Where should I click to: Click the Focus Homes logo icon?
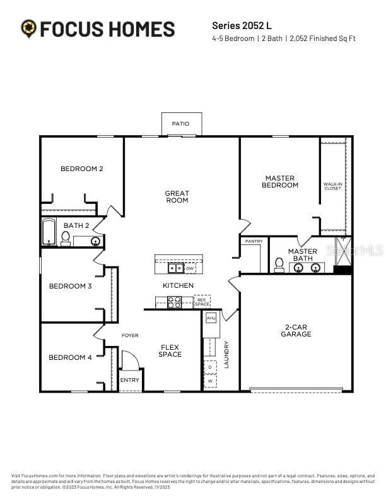[x=28, y=28]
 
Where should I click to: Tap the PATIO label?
[x=180, y=124]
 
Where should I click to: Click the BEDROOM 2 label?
[x=82, y=169]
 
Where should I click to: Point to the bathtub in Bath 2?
[x=49, y=233]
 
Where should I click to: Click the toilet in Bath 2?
[x=65, y=238]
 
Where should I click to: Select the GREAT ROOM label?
[x=177, y=197]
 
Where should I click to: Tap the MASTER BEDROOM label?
[x=280, y=182]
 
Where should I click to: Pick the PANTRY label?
[x=254, y=241]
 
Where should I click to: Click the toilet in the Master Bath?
[x=279, y=265]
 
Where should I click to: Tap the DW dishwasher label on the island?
[x=189, y=268]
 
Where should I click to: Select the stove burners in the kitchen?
[x=174, y=302]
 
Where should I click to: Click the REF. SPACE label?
[x=202, y=302]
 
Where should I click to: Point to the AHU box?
[x=211, y=318]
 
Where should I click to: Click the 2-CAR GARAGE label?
[x=296, y=331]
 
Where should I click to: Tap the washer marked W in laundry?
[x=209, y=381]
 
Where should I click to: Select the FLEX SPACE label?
[x=170, y=350]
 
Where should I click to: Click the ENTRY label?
[x=129, y=380]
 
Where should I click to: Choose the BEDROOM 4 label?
[x=71, y=357]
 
